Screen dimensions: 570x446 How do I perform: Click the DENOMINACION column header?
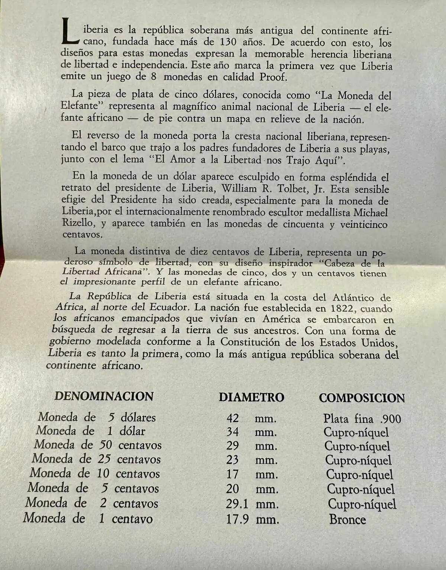pyautogui.click(x=104, y=396)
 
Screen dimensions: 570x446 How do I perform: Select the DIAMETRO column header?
pyautogui.click(x=251, y=397)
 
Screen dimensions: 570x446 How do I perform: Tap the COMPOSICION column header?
pyautogui.click(x=362, y=398)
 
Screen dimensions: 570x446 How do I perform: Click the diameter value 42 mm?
pyautogui.click(x=251, y=418)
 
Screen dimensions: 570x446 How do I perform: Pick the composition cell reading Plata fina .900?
pyautogui.click(x=362, y=419)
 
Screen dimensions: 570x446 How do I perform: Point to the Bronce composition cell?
pyautogui.click(x=347, y=519)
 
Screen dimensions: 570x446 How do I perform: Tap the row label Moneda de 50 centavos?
pyautogui.click(x=98, y=445)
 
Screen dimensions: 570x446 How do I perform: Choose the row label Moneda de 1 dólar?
pyautogui.click(x=90, y=431)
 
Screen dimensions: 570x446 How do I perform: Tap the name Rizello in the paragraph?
pyautogui.click(x=77, y=224)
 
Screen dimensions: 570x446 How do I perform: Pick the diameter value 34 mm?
pyautogui.click(x=251, y=432)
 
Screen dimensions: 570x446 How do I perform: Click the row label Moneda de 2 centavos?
pyautogui.click(x=92, y=503)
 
